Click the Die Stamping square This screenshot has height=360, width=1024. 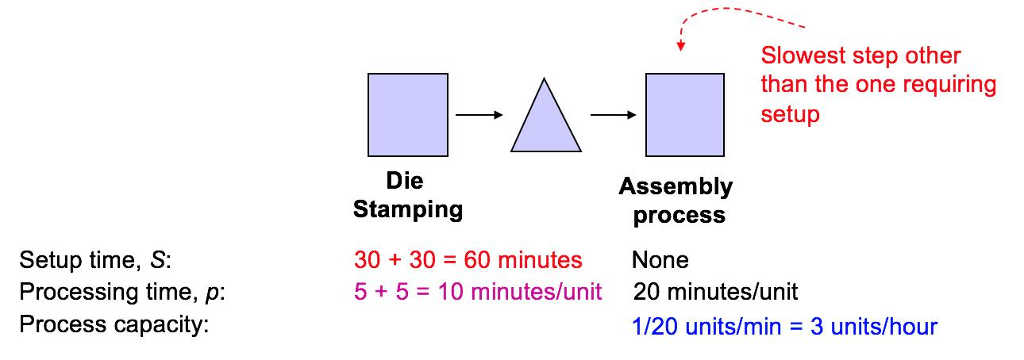click(x=407, y=114)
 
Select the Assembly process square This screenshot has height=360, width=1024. click(x=684, y=114)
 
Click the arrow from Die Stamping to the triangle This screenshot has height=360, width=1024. click(x=479, y=114)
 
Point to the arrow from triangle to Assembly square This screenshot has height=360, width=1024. click(x=613, y=114)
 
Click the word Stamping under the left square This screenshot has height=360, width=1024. click(x=408, y=210)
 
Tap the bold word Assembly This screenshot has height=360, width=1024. click(x=675, y=187)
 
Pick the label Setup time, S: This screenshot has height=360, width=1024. click(x=96, y=261)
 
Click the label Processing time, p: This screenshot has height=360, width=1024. click(x=123, y=293)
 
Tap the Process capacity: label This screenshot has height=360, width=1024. click(x=113, y=325)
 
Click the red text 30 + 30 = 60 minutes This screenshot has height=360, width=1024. click(x=467, y=261)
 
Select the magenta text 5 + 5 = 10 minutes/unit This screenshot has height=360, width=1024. click(x=478, y=293)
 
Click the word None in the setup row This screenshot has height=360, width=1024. click(x=660, y=261)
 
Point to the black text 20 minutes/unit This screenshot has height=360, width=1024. click(x=716, y=293)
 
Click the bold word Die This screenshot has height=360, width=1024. click(x=405, y=181)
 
